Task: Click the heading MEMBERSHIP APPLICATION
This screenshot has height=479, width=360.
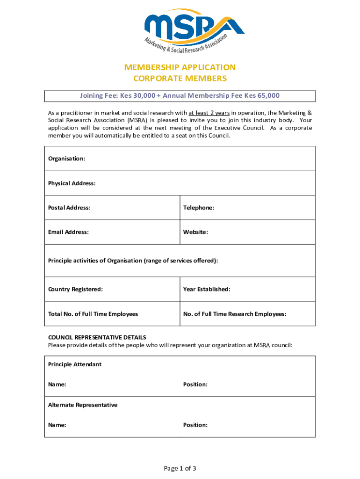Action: tap(180, 67)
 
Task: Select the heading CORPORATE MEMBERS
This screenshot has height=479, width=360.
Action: tap(180, 78)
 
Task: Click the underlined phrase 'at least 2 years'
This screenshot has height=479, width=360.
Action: tap(209, 113)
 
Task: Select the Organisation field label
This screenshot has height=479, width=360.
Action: tap(66, 159)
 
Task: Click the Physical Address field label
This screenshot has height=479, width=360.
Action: tap(72, 183)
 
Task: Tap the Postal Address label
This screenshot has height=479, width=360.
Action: tap(69, 207)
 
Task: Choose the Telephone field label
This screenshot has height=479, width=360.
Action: tap(199, 207)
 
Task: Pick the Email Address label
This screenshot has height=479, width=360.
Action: tap(68, 232)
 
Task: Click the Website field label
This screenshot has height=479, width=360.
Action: tap(195, 232)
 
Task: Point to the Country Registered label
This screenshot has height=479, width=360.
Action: tap(75, 289)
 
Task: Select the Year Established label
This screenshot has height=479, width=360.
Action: tap(207, 289)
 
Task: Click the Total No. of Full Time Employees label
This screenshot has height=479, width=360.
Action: tap(93, 314)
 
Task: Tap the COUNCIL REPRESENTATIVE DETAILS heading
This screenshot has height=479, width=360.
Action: tap(97, 337)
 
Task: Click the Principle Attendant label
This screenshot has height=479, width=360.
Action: tap(75, 364)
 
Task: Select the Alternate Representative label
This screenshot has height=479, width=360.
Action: tap(83, 405)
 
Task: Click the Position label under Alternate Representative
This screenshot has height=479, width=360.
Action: tap(195, 425)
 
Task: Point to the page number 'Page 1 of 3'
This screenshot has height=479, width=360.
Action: tap(180, 468)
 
